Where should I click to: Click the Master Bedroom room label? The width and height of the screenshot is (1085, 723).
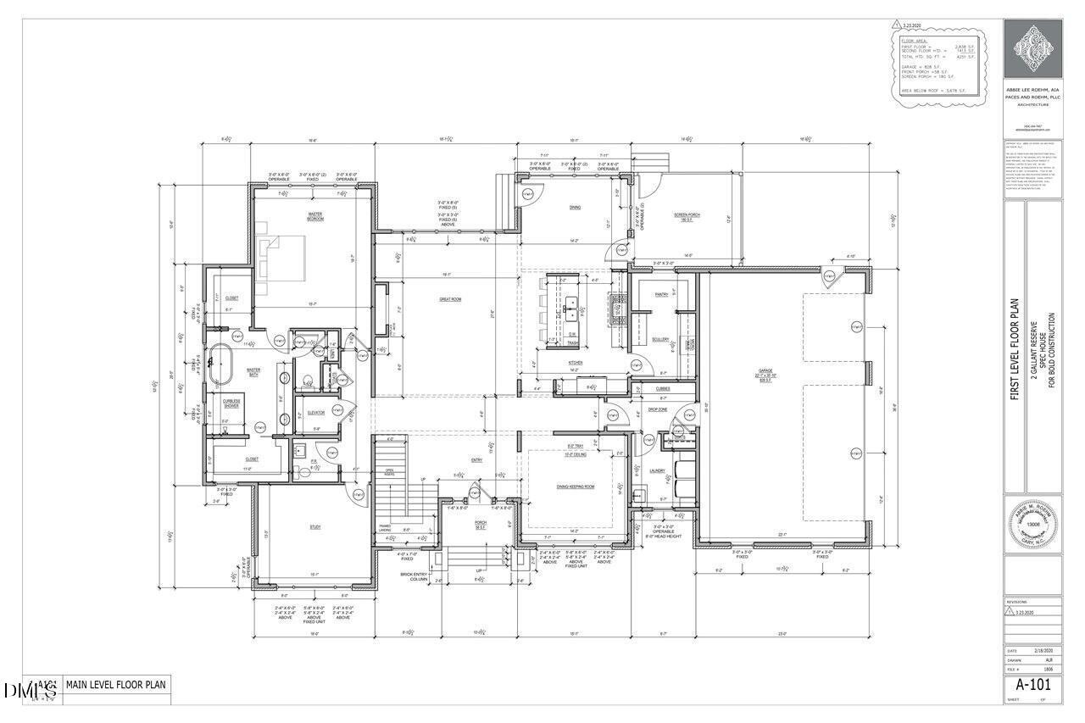tap(316, 218)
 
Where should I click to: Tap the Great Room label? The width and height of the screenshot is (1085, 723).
tap(449, 299)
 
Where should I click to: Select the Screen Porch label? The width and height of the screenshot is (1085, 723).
tap(687, 215)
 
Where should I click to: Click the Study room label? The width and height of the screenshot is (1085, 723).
tap(314, 527)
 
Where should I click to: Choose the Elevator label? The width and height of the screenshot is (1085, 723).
tap(316, 413)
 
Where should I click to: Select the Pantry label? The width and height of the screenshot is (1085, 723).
tap(662, 295)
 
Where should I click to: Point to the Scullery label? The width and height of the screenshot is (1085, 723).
tap(661, 340)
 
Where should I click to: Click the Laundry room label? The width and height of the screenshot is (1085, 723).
tap(657, 470)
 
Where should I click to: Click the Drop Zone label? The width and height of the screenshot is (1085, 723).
tap(659, 409)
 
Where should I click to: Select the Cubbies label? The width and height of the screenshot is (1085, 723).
tap(662, 389)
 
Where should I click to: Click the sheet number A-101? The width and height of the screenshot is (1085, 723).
tap(1032, 684)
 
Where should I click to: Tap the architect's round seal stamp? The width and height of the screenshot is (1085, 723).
tap(1032, 524)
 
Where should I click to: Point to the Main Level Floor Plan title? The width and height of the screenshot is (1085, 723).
tap(117, 685)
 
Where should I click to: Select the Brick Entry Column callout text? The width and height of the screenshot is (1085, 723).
tap(419, 576)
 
